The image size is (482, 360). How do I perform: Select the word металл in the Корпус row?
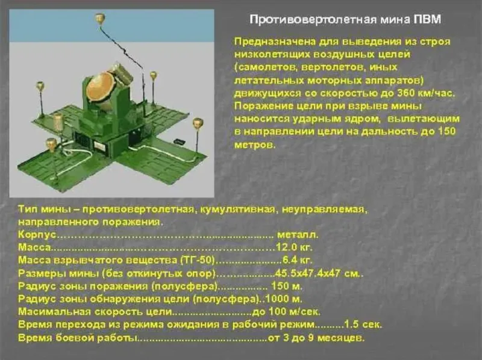point(298,235)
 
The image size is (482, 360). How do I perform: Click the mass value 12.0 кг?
point(294,247)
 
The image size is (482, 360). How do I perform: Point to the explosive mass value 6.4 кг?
point(297,260)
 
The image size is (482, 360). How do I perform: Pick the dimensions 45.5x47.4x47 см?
point(319,273)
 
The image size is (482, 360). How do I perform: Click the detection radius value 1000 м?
point(283,299)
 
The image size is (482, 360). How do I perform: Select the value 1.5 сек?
point(363,324)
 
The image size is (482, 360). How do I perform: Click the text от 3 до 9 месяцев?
point(316,338)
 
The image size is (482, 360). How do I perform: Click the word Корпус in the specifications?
point(37,235)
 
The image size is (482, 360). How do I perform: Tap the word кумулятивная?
point(237,209)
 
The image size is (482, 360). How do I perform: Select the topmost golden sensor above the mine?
point(99,19)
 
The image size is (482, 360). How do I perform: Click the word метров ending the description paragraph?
point(254,144)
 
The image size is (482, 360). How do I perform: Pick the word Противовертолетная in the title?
point(313,20)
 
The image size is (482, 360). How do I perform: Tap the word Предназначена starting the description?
point(275,42)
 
